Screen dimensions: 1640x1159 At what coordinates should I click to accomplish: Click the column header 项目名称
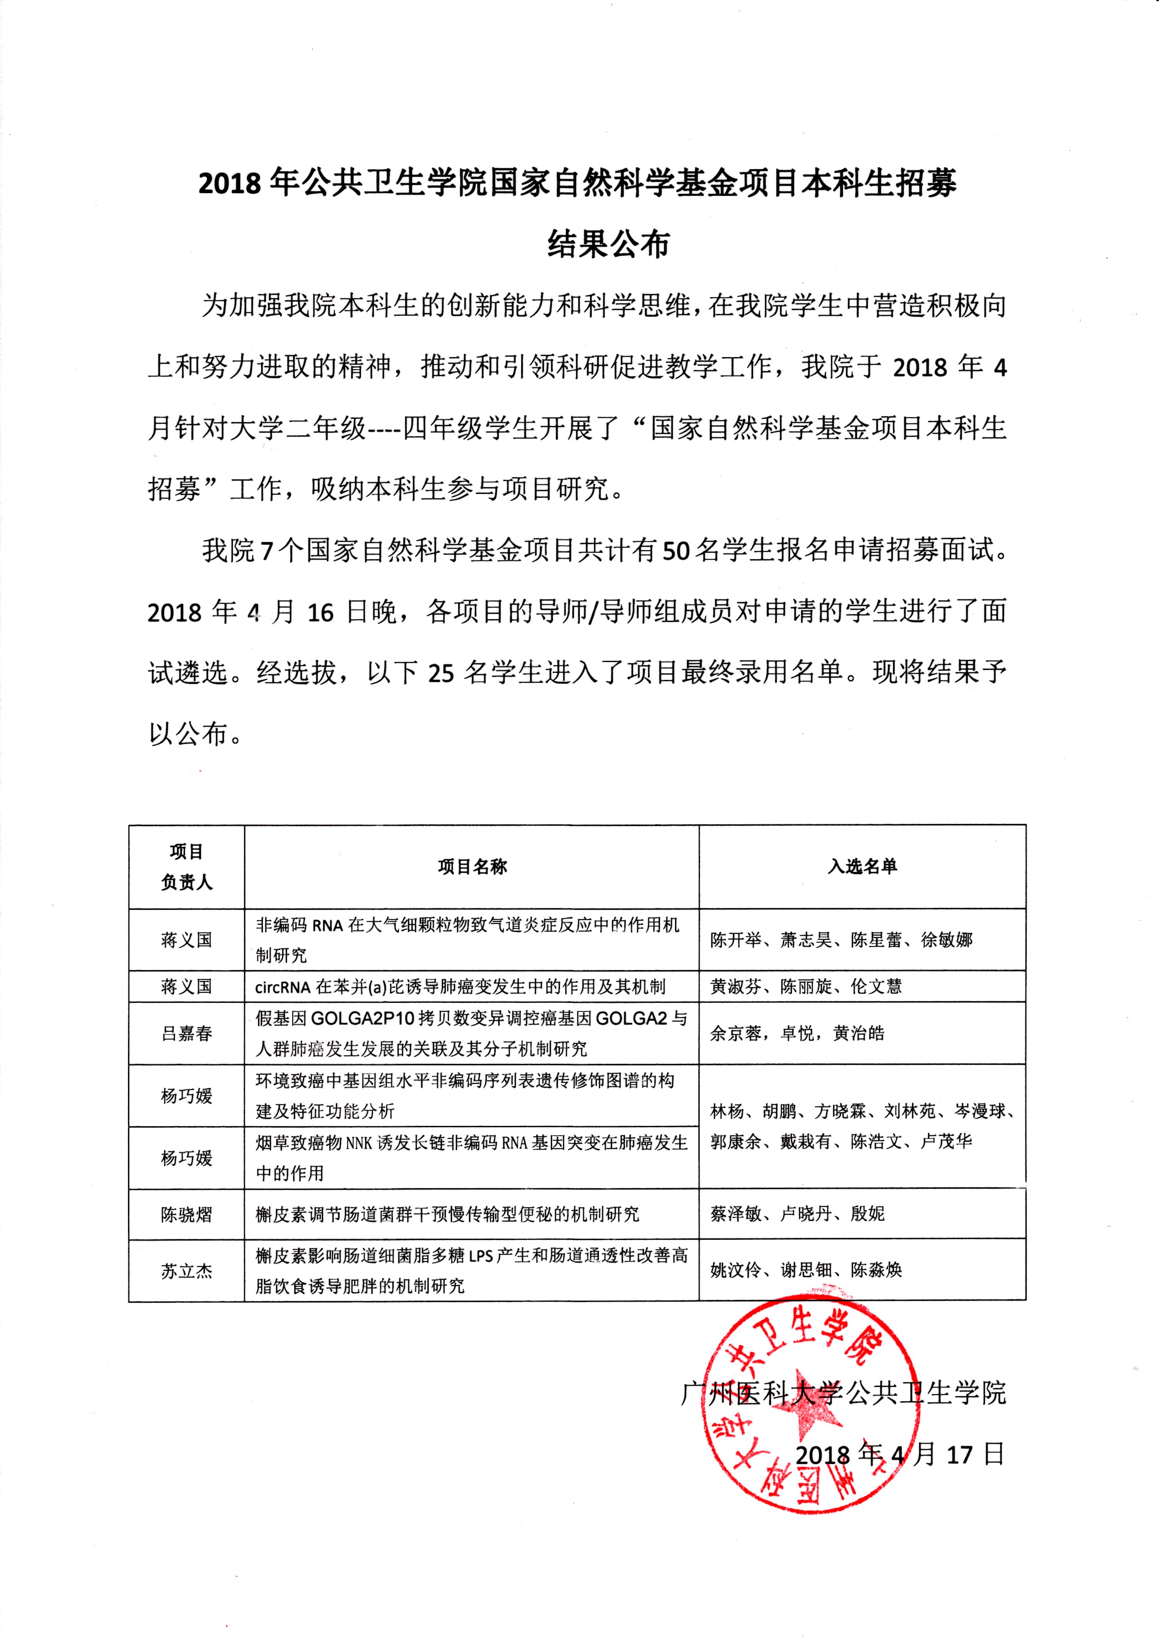[x=472, y=867]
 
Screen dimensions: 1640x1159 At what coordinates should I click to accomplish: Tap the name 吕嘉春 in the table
[x=186, y=1033]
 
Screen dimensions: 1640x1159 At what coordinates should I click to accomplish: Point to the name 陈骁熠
[x=186, y=1214]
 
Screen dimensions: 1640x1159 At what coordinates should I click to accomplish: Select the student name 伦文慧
[x=876, y=986]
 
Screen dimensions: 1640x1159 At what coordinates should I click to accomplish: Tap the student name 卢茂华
[x=946, y=1141]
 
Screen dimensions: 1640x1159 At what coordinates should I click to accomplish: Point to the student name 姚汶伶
[x=735, y=1270]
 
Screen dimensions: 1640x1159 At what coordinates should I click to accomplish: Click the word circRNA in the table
[x=283, y=987]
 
